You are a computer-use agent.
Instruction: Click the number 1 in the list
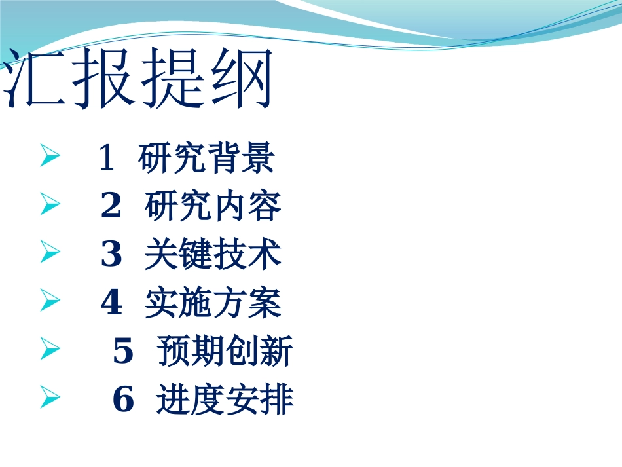(x=106, y=159)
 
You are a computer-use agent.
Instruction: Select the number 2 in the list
(x=111, y=207)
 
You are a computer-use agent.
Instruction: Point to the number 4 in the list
(x=111, y=303)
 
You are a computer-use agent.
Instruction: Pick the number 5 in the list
(x=123, y=352)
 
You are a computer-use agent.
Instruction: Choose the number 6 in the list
(x=123, y=400)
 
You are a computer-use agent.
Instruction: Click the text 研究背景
(x=206, y=159)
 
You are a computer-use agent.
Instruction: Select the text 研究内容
(x=212, y=207)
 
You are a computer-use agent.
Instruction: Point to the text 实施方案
(x=212, y=303)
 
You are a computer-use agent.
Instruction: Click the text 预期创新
(x=225, y=352)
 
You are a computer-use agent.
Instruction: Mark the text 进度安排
(x=225, y=400)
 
